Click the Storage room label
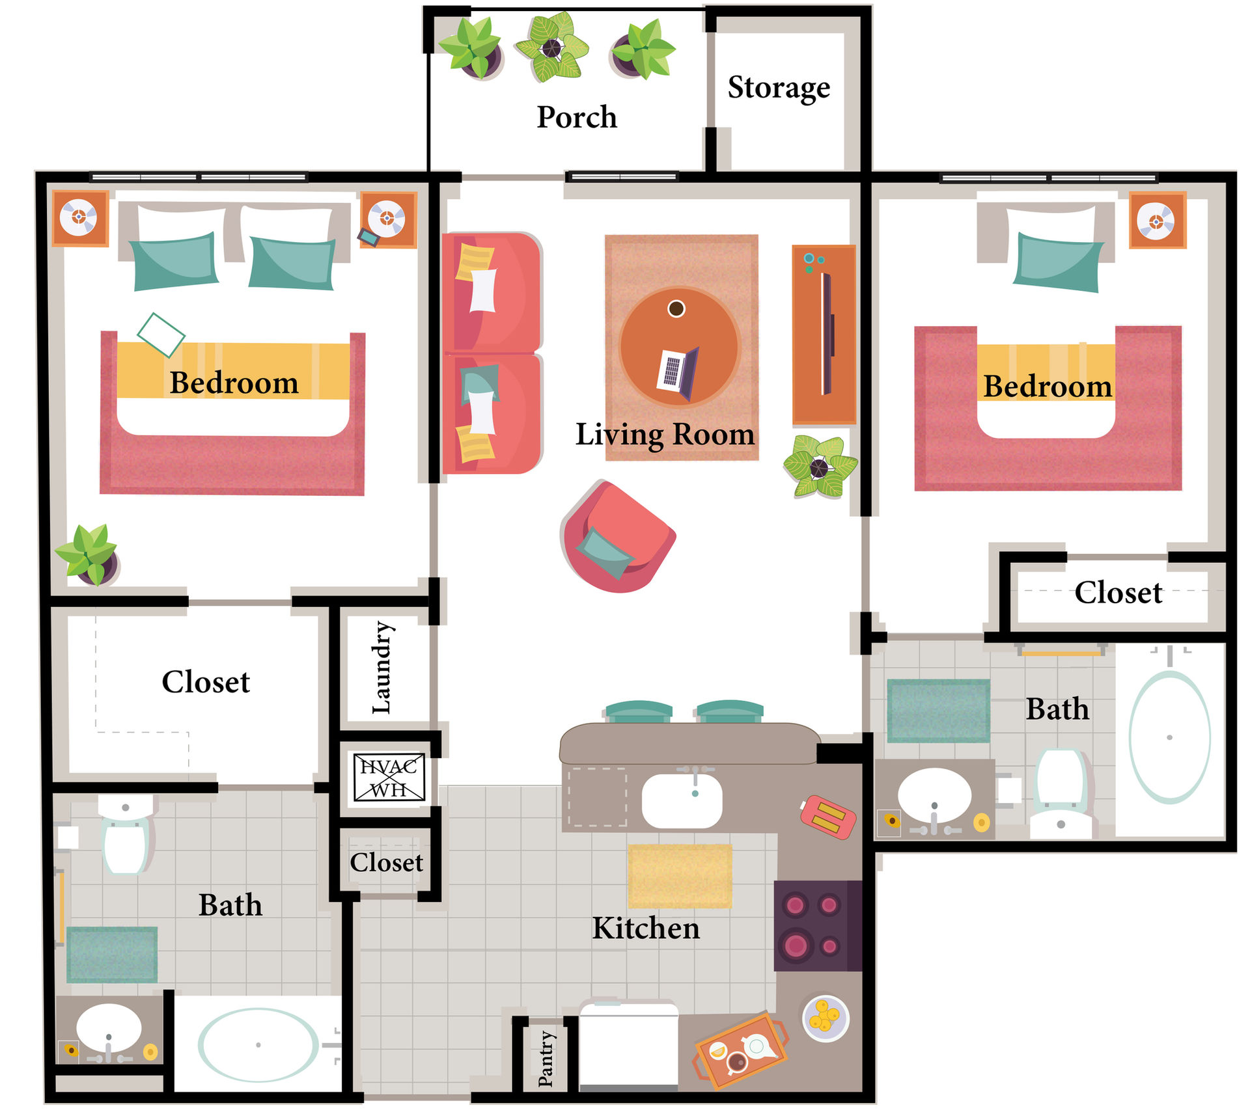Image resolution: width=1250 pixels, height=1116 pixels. [779, 88]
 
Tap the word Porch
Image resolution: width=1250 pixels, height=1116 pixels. [577, 117]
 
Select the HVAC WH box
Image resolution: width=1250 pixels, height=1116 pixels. [389, 778]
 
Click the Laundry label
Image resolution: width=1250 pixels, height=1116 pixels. [382, 668]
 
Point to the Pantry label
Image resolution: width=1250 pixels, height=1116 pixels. [546, 1059]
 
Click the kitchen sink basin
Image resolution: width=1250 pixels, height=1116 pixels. [682, 800]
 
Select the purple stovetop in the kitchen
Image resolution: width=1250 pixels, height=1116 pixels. [818, 925]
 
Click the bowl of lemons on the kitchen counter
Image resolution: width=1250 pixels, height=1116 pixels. [826, 1017]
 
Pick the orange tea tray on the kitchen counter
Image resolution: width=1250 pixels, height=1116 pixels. [740, 1050]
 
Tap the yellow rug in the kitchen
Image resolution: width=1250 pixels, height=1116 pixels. [680, 876]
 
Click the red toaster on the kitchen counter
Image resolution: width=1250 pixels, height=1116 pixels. [827, 817]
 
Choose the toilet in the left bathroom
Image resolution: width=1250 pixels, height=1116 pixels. [126, 835]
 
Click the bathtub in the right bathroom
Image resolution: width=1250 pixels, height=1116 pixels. [1169, 737]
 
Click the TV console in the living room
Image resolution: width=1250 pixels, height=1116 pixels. [824, 334]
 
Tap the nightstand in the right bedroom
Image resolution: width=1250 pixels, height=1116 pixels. [1158, 221]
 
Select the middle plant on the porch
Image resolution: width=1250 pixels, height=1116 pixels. [552, 47]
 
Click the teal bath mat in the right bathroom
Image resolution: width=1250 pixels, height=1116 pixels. [938, 711]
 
